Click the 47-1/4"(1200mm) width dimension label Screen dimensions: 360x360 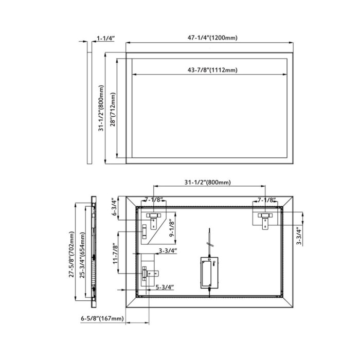coord(212,38)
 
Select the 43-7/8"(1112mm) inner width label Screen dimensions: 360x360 coord(212,70)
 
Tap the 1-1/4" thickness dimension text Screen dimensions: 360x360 coord(105,38)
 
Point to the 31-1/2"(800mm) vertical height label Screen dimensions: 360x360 coord(101,108)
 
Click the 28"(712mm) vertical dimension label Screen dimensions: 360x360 coord(113,109)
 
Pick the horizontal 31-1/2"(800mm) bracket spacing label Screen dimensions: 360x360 coord(208,182)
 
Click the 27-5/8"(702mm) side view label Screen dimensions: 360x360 coord(71,254)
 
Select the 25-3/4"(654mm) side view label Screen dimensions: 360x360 coord(82,255)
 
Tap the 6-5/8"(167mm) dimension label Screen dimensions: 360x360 coord(102,318)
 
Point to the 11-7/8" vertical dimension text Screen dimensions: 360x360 coord(115,255)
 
